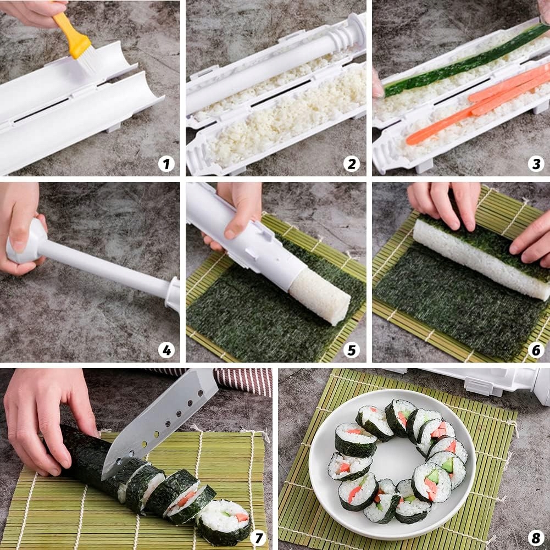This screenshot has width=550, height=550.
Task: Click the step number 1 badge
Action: pyautogui.click(x=166, y=164)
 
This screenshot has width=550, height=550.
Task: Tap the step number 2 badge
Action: pyautogui.click(x=352, y=164)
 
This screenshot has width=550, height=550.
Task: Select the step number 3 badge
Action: pyautogui.click(x=536, y=164)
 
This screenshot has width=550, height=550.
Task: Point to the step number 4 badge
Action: pyautogui.click(x=166, y=349)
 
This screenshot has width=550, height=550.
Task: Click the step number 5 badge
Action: pyautogui.click(x=352, y=349)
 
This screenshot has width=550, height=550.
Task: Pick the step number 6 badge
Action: pyautogui.click(x=536, y=349)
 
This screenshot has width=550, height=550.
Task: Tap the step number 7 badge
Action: pyautogui.click(x=258, y=538)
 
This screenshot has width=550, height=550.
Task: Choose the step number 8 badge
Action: pyautogui.click(x=536, y=538)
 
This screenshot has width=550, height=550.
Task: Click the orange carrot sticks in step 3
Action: pyautogui.click(x=477, y=105)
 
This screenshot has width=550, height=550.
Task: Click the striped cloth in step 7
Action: pyautogui.click(x=242, y=381)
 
